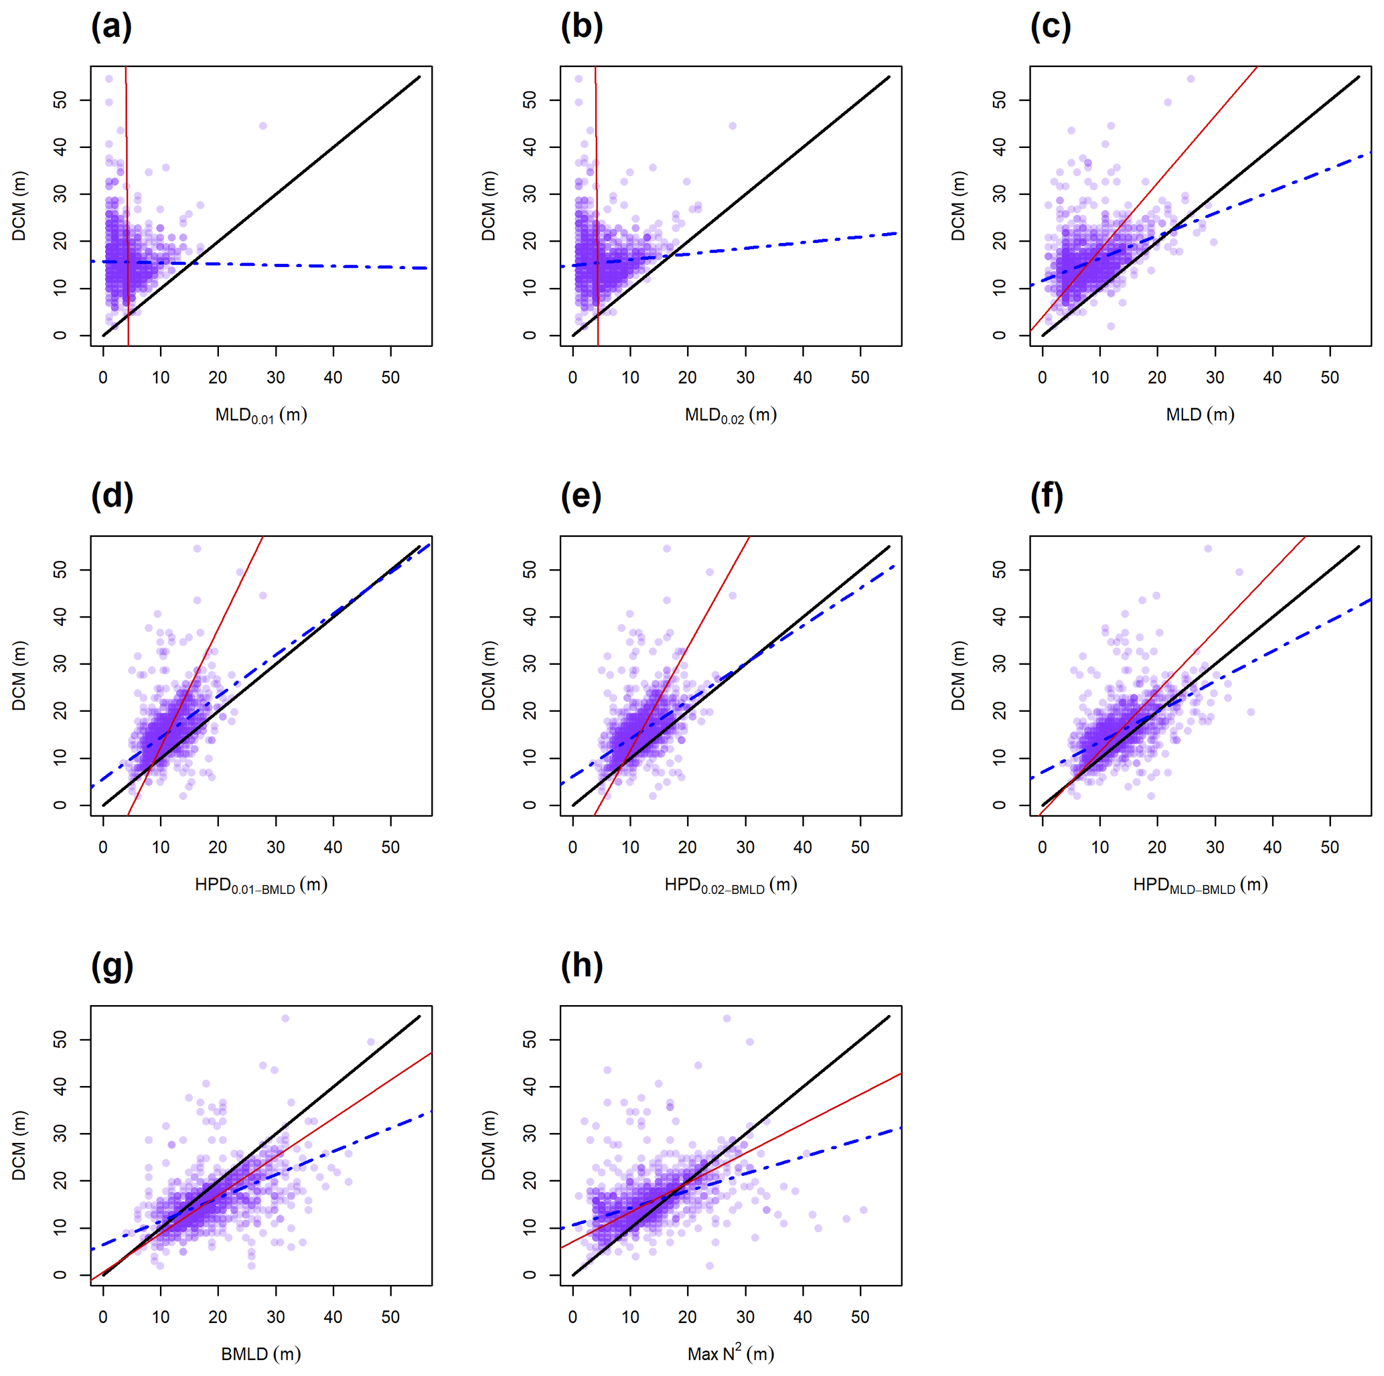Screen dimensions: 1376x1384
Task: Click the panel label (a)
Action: (x=111, y=27)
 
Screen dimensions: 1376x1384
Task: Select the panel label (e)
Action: (x=581, y=496)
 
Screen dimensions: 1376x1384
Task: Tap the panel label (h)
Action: (x=581, y=966)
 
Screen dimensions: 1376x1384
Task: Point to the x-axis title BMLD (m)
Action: (x=260, y=1354)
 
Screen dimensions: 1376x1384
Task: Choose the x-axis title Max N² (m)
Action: (x=731, y=1353)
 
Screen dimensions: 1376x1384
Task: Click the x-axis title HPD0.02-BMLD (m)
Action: (x=731, y=885)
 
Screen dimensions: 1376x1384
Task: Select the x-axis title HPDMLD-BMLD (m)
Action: (x=1200, y=885)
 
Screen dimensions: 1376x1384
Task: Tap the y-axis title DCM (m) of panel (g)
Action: (x=19, y=1144)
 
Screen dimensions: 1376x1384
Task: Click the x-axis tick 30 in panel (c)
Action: (x=1215, y=378)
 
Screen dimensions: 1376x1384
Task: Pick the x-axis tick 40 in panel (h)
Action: (x=802, y=1316)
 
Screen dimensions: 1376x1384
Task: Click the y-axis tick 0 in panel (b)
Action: (x=530, y=335)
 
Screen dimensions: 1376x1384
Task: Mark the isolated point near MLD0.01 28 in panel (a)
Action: (x=263, y=126)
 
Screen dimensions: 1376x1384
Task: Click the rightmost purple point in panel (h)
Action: (x=863, y=1210)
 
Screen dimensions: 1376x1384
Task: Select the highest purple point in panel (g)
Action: (x=285, y=1018)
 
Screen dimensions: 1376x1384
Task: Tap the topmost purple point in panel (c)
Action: (x=1190, y=79)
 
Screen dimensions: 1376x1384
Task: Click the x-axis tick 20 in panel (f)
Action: (x=1157, y=848)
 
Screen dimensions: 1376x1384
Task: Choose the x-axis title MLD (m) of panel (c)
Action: (x=1200, y=414)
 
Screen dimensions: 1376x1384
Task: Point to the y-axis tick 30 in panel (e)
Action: (x=530, y=664)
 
